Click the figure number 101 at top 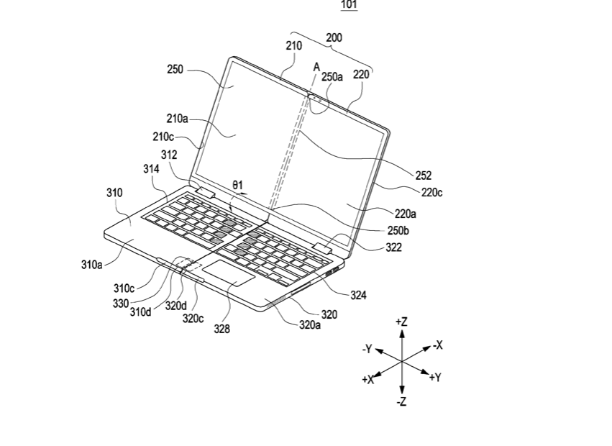point(349,6)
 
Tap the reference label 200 point(334,37)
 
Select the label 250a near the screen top point(332,77)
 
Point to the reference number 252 point(424,175)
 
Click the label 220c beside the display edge point(431,192)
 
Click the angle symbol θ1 point(238,185)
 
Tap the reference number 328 point(222,329)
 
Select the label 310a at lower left point(92,264)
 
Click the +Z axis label point(401,322)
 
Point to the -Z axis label point(401,401)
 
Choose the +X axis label point(368,379)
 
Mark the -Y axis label point(367,349)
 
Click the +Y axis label point(434,377)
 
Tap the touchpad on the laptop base point(227,274)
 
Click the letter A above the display point(316,67)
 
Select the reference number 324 point(358,295)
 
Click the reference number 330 point(121,302)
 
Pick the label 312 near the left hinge point(169,154)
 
